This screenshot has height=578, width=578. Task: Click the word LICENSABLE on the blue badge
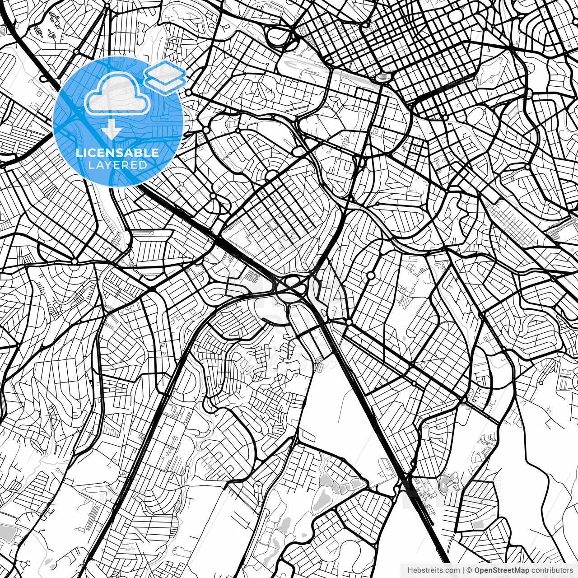click(x=117, y=153)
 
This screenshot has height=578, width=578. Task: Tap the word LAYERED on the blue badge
click(x=117, y=165)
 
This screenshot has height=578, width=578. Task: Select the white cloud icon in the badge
click(x=117, y=94)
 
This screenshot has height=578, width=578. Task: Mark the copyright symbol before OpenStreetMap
click(x=469, y=570)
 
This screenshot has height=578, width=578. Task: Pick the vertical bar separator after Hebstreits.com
click(x=463, y=570)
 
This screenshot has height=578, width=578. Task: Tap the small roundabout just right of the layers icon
click(x=188, y=92)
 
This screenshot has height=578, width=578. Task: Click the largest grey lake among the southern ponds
click(x=321, y=499)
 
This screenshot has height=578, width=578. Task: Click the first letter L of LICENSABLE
click(x=79, y=153)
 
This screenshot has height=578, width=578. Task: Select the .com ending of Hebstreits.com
click(x=452, y=570)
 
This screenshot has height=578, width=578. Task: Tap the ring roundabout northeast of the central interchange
click(x=371, y=275)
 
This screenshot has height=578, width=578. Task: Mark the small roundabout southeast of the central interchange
click(x=349, y=322)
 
